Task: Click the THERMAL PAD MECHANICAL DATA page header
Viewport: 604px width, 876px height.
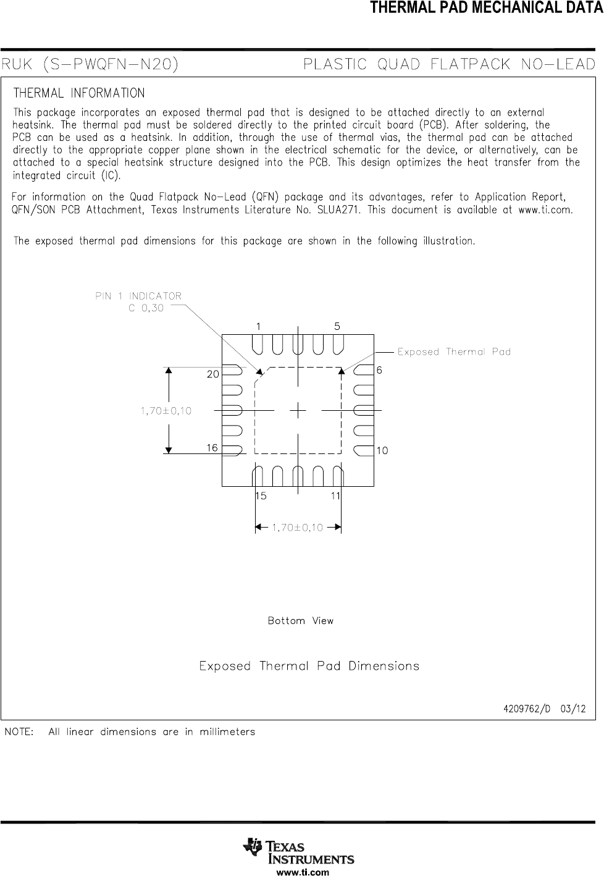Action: click(x=487, y=8)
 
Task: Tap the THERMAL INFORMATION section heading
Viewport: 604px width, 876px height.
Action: click(x=79, y=93)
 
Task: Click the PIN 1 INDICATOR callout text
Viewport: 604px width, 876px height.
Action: click(x=138, y=296)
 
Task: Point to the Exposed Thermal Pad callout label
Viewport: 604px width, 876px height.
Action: click(x=454, y=352)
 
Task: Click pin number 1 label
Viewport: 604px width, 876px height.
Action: click(x=258, y=326)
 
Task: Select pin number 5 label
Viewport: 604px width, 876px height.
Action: click(x=337, y=326)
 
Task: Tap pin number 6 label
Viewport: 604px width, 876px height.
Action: click(x=379, y=370)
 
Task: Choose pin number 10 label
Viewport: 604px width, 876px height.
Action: click(x=382, y=451)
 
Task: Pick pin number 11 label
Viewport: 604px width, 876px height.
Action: click(x=336, y=496)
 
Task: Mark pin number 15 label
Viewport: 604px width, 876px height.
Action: click(x=261, y=496)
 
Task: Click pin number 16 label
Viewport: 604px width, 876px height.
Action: click(x=212, y=447)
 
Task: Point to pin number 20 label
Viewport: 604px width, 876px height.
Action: click(x=212, y=374)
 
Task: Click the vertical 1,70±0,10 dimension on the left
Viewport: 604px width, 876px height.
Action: click(x=166, y=411)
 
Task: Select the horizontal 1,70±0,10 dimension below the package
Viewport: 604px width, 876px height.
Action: click(x=298, y=528)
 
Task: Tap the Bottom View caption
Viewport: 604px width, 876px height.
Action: click(x=301, y=621)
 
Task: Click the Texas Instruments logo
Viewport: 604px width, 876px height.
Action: click(x=300, y=852)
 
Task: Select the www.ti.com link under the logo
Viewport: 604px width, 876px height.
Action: click(x=302, y=872)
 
